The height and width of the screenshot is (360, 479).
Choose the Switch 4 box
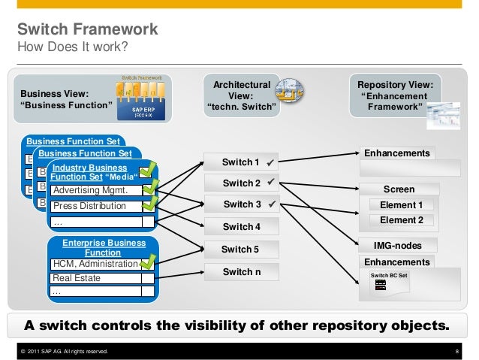pos(242,227)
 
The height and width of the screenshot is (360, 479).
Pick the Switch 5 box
pos(242,250)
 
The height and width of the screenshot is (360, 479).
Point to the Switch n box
pos(242,271)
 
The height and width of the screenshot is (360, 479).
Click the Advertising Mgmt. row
pos(95,190)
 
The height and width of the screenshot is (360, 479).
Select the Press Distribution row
pos(95,204)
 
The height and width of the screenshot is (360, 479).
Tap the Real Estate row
pos(95,278)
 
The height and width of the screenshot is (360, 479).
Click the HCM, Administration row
pos(95,264)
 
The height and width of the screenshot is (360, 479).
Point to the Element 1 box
pos(401,205)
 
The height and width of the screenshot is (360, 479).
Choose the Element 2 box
pos(401,220)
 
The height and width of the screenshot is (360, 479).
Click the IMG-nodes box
pos(398,246)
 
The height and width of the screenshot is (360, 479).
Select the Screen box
pos(399,189)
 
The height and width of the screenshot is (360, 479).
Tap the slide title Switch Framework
pos(88,30)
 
